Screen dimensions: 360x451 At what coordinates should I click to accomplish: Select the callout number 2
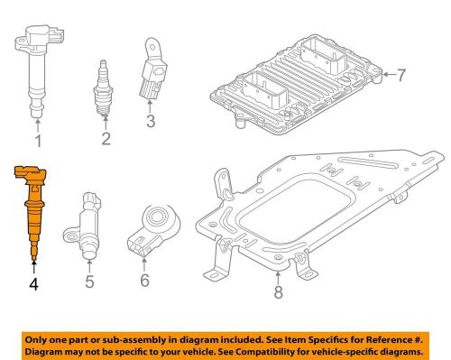click(106, 138)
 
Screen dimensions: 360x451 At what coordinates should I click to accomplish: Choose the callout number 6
click(145, 282)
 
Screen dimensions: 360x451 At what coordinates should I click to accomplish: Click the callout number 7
click(401, 75)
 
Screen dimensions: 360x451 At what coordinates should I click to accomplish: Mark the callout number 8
click(277, 292)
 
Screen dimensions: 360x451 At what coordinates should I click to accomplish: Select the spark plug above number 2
click(106, 87)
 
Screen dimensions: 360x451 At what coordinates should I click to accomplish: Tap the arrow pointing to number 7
click(387, 75)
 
